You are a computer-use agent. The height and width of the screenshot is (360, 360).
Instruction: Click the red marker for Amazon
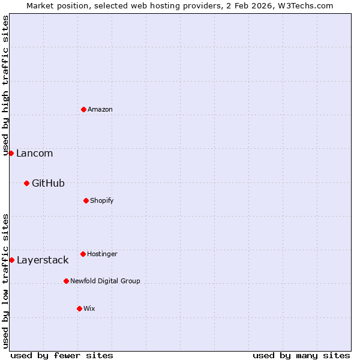point(83,109)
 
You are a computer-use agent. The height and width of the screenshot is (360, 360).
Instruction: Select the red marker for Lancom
point(11,153)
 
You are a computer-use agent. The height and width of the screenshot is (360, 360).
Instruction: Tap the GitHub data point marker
point(26,183)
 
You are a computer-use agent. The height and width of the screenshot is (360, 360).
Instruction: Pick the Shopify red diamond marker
point(86,200)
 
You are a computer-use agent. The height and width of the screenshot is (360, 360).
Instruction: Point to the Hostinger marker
point(83,254)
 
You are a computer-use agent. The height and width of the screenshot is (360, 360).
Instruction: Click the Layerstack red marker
point(11,260)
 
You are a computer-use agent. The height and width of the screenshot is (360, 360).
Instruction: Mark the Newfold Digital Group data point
point(66,281)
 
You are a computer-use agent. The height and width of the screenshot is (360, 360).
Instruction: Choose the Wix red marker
point(79,308)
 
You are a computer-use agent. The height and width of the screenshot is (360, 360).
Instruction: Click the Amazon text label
point(100,109)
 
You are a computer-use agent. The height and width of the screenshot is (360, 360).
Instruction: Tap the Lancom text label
point(34,153)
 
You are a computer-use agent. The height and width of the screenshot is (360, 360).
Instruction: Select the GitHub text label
point(48,183)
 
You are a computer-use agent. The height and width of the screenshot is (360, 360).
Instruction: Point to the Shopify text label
point(102,200)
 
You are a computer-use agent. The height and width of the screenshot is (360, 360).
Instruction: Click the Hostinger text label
point(102,254)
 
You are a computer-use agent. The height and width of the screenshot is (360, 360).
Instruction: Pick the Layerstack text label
point(43,260)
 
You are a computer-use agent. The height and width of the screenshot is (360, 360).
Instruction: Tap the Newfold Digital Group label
point(105,281)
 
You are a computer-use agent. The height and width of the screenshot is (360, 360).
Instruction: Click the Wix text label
point(89,308)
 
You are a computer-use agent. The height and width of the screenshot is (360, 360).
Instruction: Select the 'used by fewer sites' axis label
point(62,355)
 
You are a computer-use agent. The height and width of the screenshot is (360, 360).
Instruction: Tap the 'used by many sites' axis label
point(301,355)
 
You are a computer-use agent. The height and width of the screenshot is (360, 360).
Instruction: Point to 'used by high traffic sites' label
point(5,85)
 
